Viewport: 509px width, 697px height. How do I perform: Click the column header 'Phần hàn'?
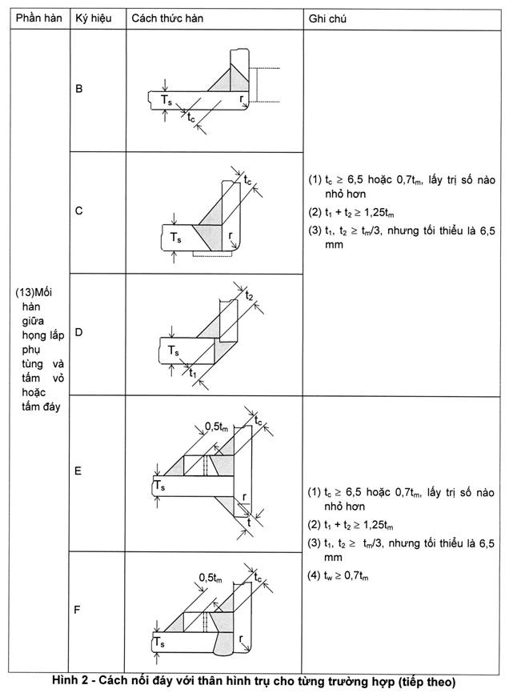pos(38,18)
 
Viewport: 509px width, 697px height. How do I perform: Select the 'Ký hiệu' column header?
pos(94,18)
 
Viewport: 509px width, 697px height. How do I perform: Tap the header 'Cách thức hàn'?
pos(167,18)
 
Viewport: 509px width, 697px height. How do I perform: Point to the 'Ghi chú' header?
pos(327,18)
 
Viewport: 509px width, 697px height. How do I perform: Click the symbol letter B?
pos(79,89)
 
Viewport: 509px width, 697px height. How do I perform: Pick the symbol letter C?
pos(79,210)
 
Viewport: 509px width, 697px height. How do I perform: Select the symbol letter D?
pos(79,333)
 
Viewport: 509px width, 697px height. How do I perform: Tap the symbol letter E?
pos(78,471)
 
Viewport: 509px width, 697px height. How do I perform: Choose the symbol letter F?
pos(78,610)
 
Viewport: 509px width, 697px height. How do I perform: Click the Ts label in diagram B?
pos(166,100)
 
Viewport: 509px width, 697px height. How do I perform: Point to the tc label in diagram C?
pos(247,179)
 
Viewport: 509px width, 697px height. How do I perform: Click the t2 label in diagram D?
pos(250,294)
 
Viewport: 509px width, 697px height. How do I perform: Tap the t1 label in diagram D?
pos(193,373)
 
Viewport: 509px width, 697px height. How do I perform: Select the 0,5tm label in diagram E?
pos(216,427)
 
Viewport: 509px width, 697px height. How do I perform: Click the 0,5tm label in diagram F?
pos(210,578)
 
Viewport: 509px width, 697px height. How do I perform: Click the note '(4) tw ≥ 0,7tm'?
pos(338,576)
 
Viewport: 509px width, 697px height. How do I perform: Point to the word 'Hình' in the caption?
pos(66,682)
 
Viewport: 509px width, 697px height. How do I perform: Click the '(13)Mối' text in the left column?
pos(34,293)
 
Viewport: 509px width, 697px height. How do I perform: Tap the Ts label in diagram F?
pos(159,643)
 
